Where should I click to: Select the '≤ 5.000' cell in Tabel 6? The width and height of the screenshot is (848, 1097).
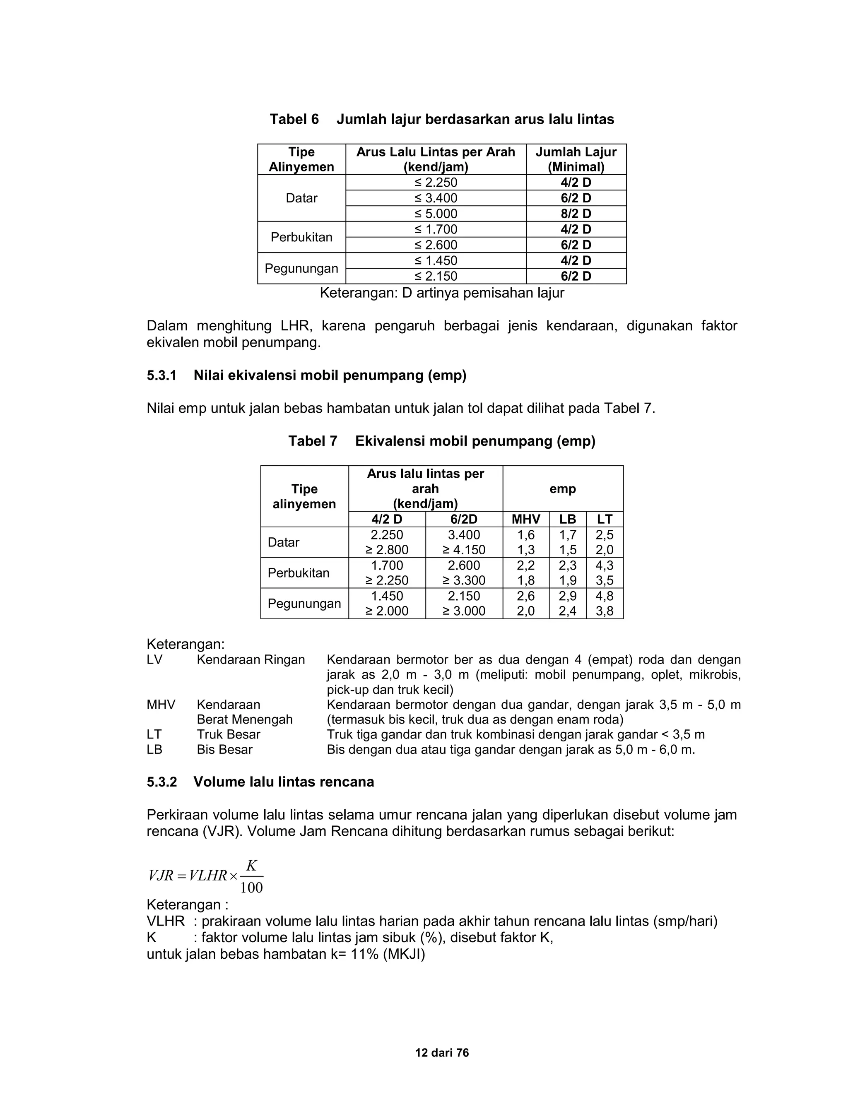[x=436, y=214]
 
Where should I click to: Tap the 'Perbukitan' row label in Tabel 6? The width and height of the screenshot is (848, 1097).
[x=301, y=237]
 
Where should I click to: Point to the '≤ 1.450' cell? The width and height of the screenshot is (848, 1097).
[x=436, y=260]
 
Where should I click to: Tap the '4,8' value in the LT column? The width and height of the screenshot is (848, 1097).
[x=605, y=596]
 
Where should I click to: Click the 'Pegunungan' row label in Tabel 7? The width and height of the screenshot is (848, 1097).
[x=304, y=603]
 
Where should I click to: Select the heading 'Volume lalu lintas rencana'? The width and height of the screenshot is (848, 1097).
[x=283, y=782]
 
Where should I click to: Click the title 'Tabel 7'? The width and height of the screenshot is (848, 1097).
[x=313, y=441]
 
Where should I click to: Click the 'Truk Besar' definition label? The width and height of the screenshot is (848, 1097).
[x=228, y=734]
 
